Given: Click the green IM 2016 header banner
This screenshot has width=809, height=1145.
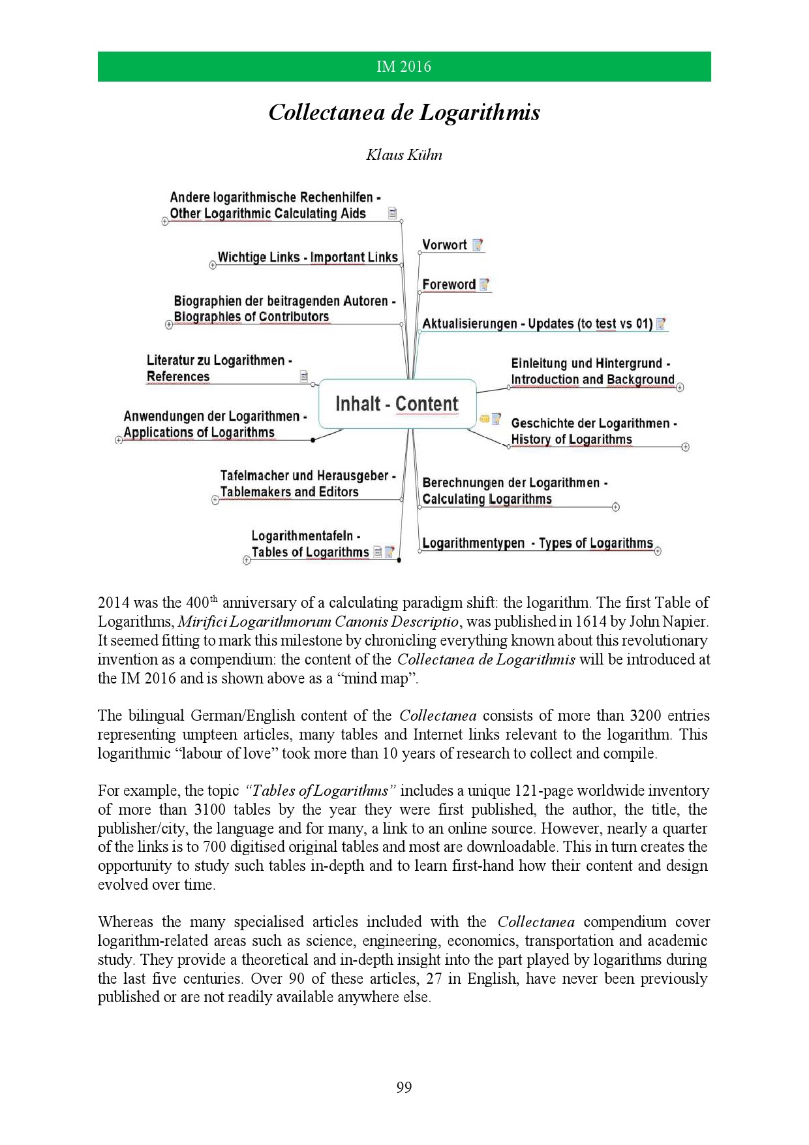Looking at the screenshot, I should (404, 67).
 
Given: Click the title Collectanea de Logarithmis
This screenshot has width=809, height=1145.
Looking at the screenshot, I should (404, 113).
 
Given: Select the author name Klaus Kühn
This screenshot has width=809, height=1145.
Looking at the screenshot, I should (404, 155).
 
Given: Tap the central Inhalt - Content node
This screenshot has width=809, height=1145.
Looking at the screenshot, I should (397, 404).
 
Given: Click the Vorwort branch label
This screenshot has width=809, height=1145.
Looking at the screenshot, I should (444, 245).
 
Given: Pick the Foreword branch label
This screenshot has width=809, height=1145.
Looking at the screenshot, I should (449, 285).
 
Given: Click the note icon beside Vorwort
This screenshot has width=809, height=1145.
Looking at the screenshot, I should (478, 245).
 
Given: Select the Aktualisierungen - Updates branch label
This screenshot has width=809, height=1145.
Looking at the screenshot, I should (537, 324).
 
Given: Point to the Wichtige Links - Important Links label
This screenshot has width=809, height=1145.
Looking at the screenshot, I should (307, 257).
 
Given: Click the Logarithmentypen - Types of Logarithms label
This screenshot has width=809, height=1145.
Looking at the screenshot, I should (537, 543).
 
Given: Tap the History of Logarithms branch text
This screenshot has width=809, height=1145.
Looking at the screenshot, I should (572, 439).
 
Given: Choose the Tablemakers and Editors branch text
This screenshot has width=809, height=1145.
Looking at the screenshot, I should (289, 492).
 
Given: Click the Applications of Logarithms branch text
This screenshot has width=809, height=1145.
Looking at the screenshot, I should (199, 433).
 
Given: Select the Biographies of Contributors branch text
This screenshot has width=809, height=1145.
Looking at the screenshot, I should (251, 317).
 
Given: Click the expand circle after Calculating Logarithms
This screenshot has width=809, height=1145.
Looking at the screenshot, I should (616, 507).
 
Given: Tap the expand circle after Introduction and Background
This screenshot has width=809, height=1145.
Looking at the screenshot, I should (680, 387).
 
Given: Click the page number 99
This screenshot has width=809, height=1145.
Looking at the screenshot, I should (404, 1087).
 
